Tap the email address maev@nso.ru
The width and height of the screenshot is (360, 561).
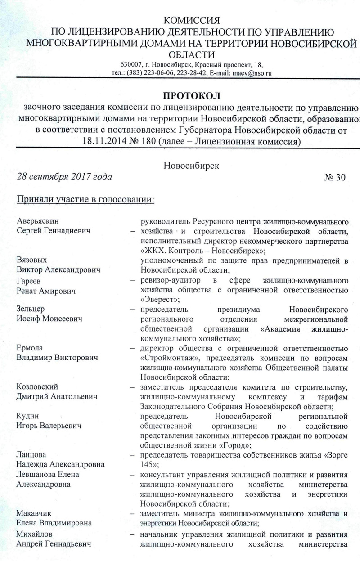point(251,72)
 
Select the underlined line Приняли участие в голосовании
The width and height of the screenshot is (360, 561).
point(85,199)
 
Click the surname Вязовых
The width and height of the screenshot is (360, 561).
point(32,260)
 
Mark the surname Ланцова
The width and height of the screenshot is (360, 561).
point(31,455)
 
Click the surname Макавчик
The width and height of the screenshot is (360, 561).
point(34,513)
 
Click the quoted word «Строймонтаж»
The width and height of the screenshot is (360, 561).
point(167,358)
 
